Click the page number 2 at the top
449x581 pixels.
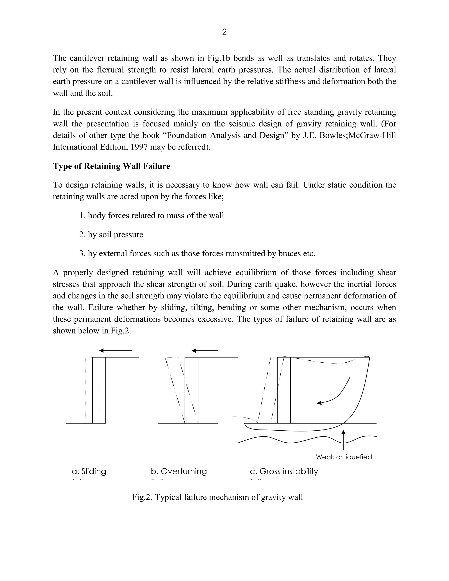(224, 32)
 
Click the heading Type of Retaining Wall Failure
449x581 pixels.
(111, 166)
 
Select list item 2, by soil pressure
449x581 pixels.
(111, 235)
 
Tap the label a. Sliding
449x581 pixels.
(89, 471)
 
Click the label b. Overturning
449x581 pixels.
(179, 471)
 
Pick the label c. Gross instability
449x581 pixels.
(284, 471)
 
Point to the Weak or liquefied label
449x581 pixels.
(344, 457)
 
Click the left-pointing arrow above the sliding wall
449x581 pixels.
(116, 351)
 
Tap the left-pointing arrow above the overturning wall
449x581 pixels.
(205, 351)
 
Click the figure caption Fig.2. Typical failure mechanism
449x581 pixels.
(217, 497)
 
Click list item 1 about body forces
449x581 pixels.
(152, 216)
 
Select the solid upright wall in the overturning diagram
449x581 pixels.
(192, 390)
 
